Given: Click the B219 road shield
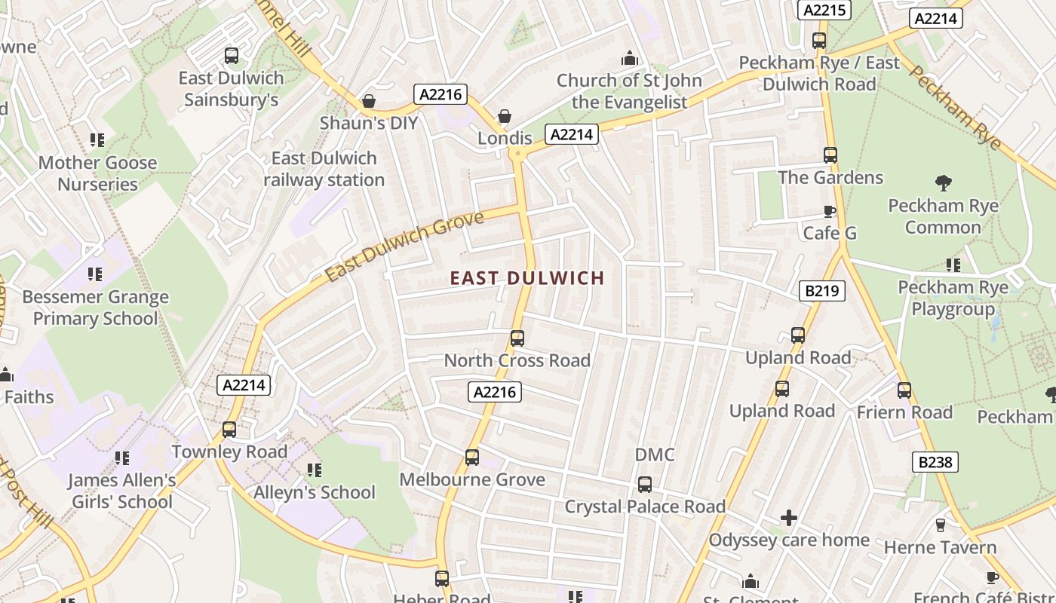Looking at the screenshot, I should [x=821, y=290].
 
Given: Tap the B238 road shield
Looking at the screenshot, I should [x=935, y=462].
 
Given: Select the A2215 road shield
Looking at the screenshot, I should [x=824, y=10].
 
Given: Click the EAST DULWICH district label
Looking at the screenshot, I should [x=527, y=278].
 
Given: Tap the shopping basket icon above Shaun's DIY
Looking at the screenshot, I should [x=369, y=101].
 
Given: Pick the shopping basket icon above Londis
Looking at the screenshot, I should [x=504, y=116].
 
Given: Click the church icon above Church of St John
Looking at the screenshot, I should [x=629, y=58].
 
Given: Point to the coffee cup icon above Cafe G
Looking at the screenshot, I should [x=830, y=212].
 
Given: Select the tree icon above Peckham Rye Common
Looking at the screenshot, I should [x=943, y=182].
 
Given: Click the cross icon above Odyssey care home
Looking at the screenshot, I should [x=789, y=518].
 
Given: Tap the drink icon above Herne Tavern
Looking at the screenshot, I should [x=941, y=525].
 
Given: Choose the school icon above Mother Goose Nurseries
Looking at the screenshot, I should [x=97, y=140].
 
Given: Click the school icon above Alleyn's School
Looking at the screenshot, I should [x=315, y=470].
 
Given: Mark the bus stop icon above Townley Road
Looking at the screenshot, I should [x=229, y=430].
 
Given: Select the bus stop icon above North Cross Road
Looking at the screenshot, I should [x=517, y=338].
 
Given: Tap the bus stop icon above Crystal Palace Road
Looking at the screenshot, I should [x=645, y=485].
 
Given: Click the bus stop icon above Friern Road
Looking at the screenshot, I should [x=904, y=390].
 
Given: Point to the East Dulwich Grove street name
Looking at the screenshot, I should [x=404, y=246].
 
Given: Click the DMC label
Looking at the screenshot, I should [x=655, y=455].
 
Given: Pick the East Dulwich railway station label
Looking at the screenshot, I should [x=324, y=169].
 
